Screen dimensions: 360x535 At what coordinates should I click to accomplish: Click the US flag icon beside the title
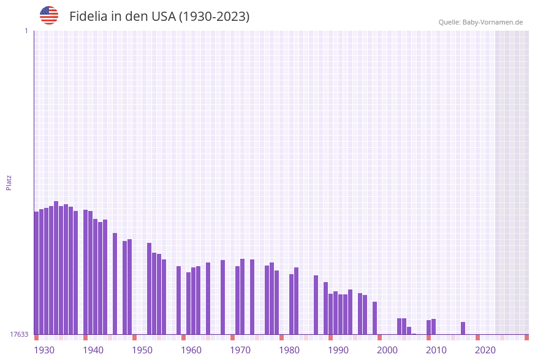pyautogui.click(x=49, y=15)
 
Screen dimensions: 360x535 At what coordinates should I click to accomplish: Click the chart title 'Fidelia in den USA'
pyautogui.click(x=159, y=17)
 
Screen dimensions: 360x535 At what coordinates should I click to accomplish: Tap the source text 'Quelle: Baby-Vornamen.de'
pyautogui.click(x=480, y=22)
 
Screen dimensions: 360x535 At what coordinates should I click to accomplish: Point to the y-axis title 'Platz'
pyautogui.click(x=9, y=182)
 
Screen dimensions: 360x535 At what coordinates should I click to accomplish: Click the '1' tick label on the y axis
pyautogui.click(x=26, y=31)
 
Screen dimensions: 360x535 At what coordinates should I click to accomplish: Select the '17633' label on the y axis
pyautogui.click(x=19, y=334)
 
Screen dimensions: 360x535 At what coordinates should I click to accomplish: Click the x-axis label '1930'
pyautogui.click(x=44, y=350)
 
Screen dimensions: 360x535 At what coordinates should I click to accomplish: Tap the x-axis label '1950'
pyautogui.click(x=142, y=350)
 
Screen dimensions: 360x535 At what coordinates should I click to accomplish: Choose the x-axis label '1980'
pyautogui.click(x=289, y=350)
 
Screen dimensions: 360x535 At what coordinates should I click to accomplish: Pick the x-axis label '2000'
pyautogui.click(x=387, y=350)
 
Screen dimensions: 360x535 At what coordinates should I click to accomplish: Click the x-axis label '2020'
pyautogui.click(x=485, y=350)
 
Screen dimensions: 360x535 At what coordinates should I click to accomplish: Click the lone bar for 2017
pyautogui.click(x=463, y=328)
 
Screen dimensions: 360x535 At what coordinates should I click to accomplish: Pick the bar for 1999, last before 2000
pyautogui.click(x=375, y=318)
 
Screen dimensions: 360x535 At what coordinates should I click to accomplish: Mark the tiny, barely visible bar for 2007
pyautogui.click(x=414, y=334)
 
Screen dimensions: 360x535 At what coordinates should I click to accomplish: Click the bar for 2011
pyautogui.click(x=434, y=326)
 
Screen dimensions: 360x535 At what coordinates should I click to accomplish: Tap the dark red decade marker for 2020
pyautogui.click(x=478, y=337)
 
